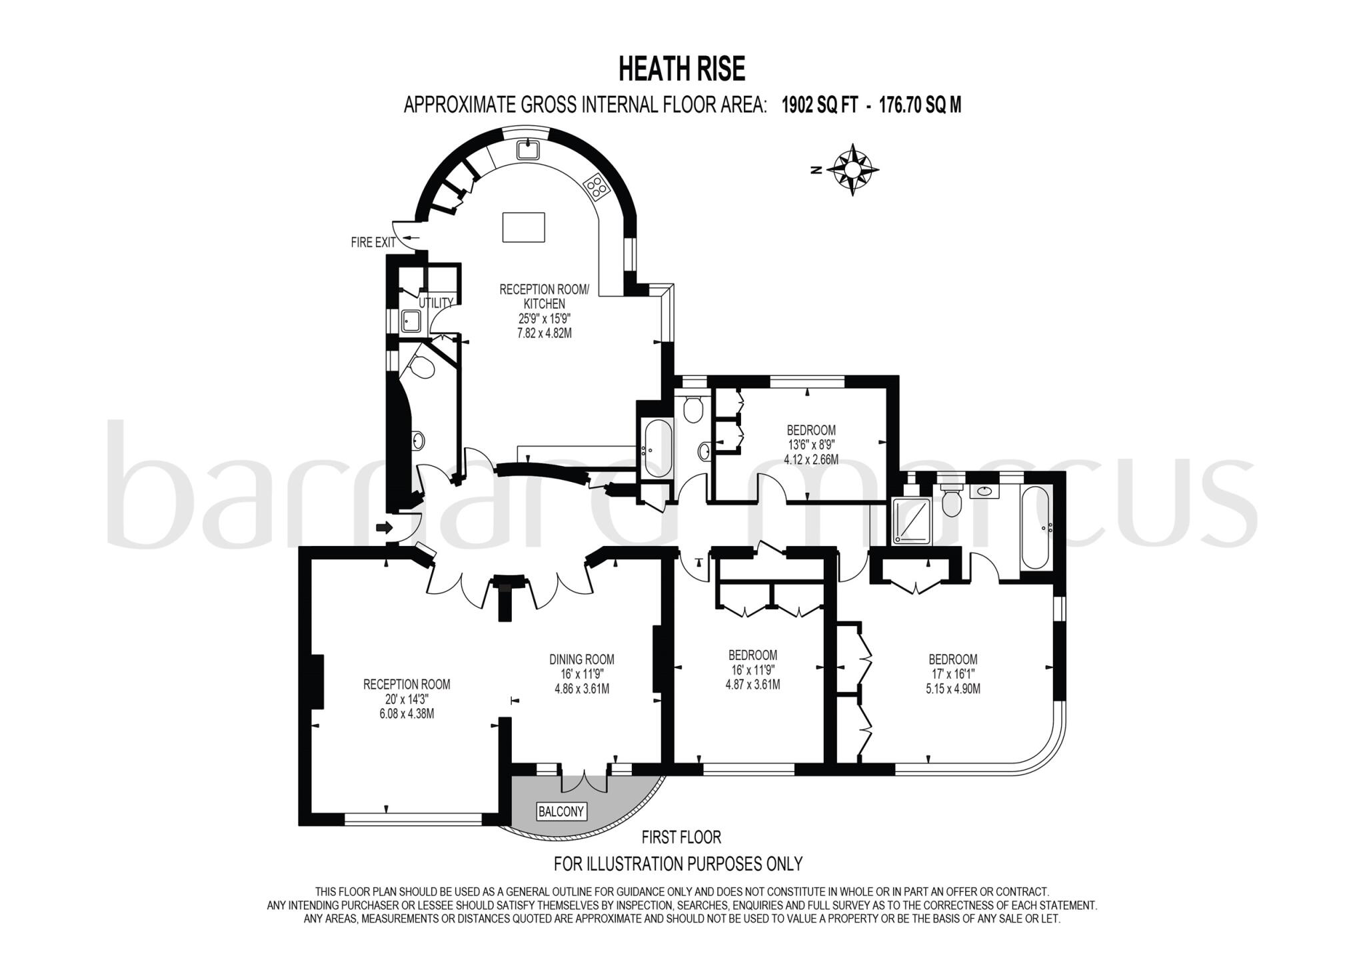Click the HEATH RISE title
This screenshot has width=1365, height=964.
[x=682, y=69]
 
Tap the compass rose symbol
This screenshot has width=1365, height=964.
[x=852, y=169]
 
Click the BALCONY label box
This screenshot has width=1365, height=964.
[x=561, y=811]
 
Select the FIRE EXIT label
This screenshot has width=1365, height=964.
[x=373, y=243]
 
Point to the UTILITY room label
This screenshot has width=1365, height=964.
[x=436, y=303]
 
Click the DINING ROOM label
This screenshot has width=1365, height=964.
[x=582, y=659]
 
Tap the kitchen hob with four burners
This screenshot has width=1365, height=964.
[x=597, y=186]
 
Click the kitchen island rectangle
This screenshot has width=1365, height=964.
[x=523, y=227]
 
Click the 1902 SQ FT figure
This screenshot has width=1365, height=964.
[x=819, y=105]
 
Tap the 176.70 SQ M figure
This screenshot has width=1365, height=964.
[x=920, y=105]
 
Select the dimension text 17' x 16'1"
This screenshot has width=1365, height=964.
[x=952, y=675]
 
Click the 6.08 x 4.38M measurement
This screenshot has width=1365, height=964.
[x=407, y=713]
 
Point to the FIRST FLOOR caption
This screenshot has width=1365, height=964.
[x=681, y=837]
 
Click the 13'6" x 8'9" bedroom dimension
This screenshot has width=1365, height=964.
[x=811, y=445]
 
